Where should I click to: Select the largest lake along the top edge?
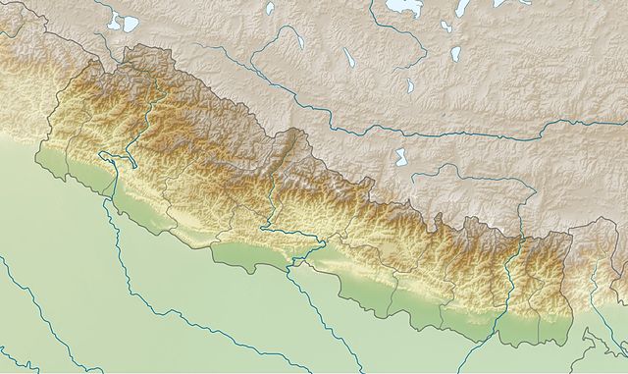point(403,8)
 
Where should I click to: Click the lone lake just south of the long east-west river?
point(400,156)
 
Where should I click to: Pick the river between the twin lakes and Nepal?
point(103,44)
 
